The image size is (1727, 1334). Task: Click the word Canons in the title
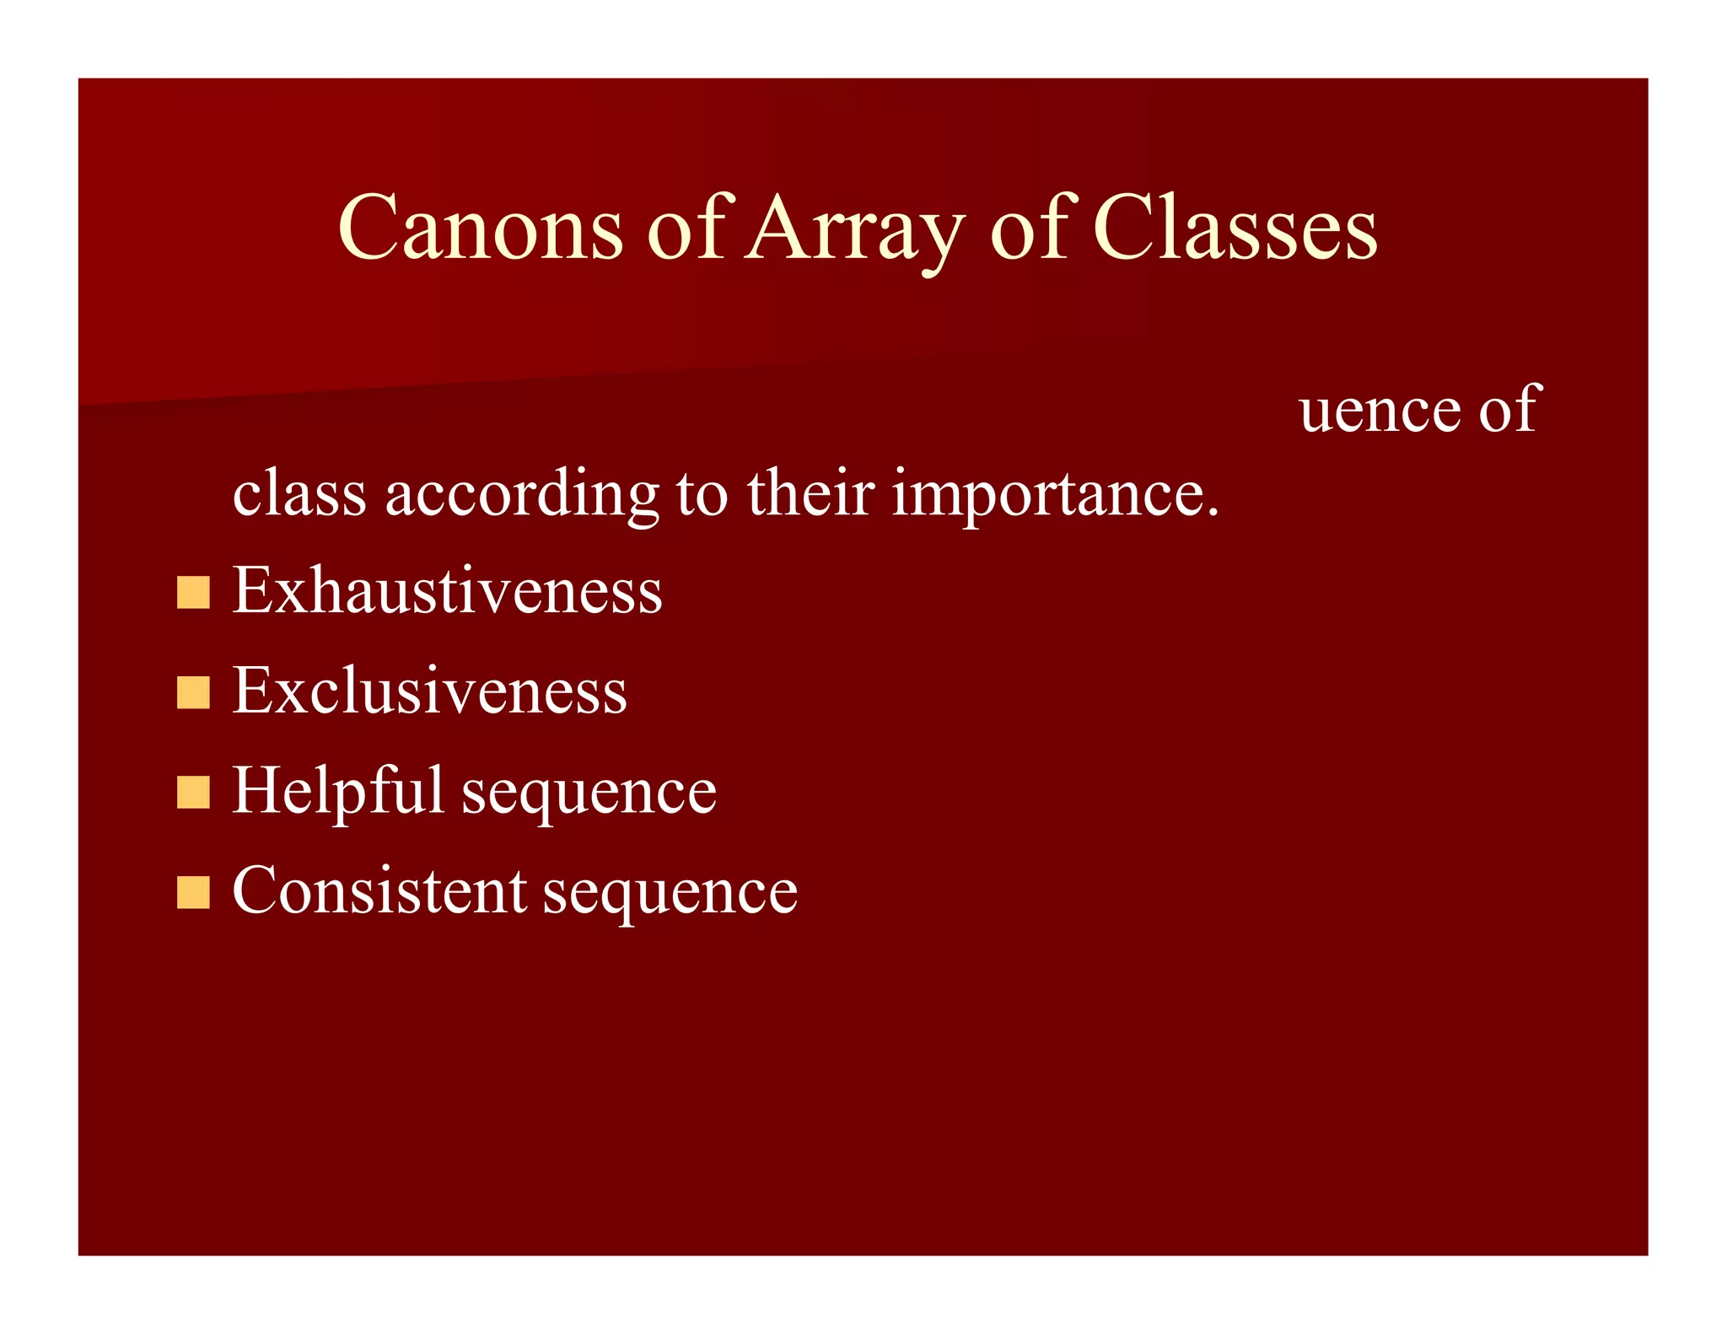click(480, 228)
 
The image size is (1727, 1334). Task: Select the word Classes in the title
click(1235, 228)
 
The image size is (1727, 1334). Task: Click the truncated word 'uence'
click(1380, 411)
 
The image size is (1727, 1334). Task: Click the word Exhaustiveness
click(447, 590)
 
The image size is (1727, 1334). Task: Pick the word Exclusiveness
click(429, 691)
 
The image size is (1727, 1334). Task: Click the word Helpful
click(337, 791)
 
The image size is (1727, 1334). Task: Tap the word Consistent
click(379, 891)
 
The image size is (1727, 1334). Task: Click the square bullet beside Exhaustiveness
click(193, 593)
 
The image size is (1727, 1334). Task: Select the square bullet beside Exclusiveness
click(193, 693)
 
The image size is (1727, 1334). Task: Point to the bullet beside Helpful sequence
click(193, 793)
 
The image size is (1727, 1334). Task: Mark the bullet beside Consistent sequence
click(193, 893)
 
